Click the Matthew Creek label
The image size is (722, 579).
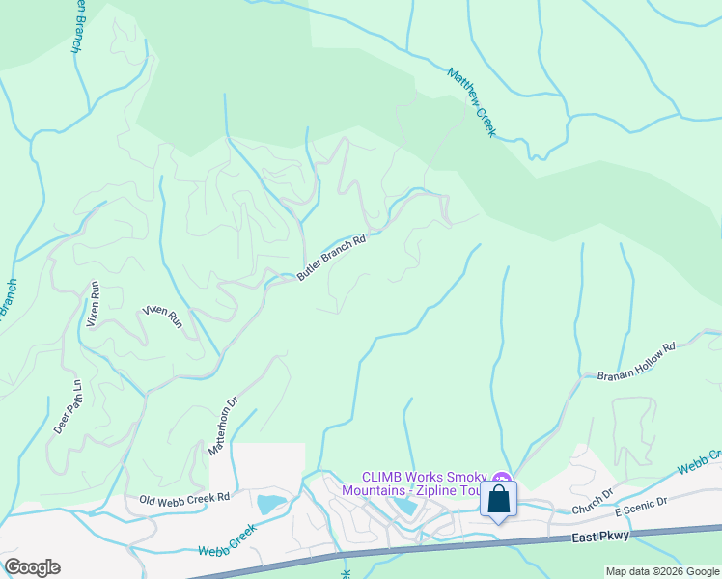pos(472,101)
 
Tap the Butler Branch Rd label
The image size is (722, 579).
pos(333,258)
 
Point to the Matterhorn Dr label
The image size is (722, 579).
pos(222,427)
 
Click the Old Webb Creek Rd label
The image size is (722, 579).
pos(184,498)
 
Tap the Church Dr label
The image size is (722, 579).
pos(592,500)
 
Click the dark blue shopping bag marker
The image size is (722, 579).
pos(498,500)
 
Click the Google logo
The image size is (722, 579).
pos(32,567)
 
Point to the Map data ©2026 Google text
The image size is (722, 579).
pos(662,571)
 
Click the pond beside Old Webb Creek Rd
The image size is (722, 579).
pos(269,503)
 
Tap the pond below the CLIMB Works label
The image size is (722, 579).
pos(405,505)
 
